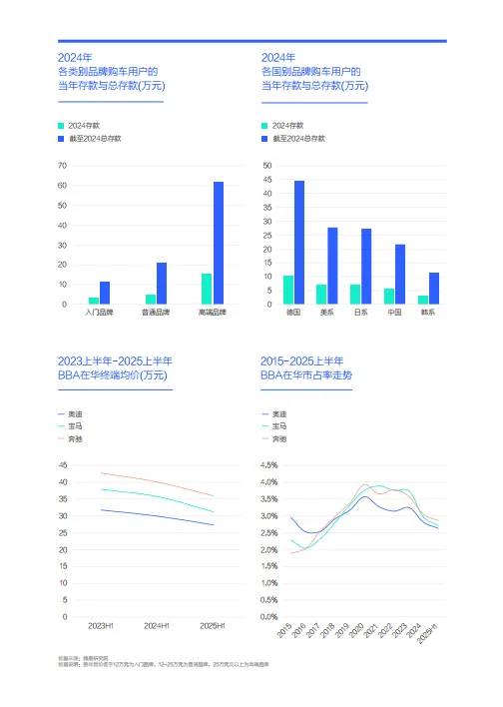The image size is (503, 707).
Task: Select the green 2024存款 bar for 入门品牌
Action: click(94, 300)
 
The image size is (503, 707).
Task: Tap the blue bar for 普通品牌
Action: click(162, 284)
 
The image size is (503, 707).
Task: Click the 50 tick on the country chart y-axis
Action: click(266, 166)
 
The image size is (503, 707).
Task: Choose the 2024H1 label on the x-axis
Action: click(156, 625)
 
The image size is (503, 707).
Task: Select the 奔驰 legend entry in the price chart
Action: click(75, 438)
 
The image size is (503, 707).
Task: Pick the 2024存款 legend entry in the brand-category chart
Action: click(84, 125)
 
